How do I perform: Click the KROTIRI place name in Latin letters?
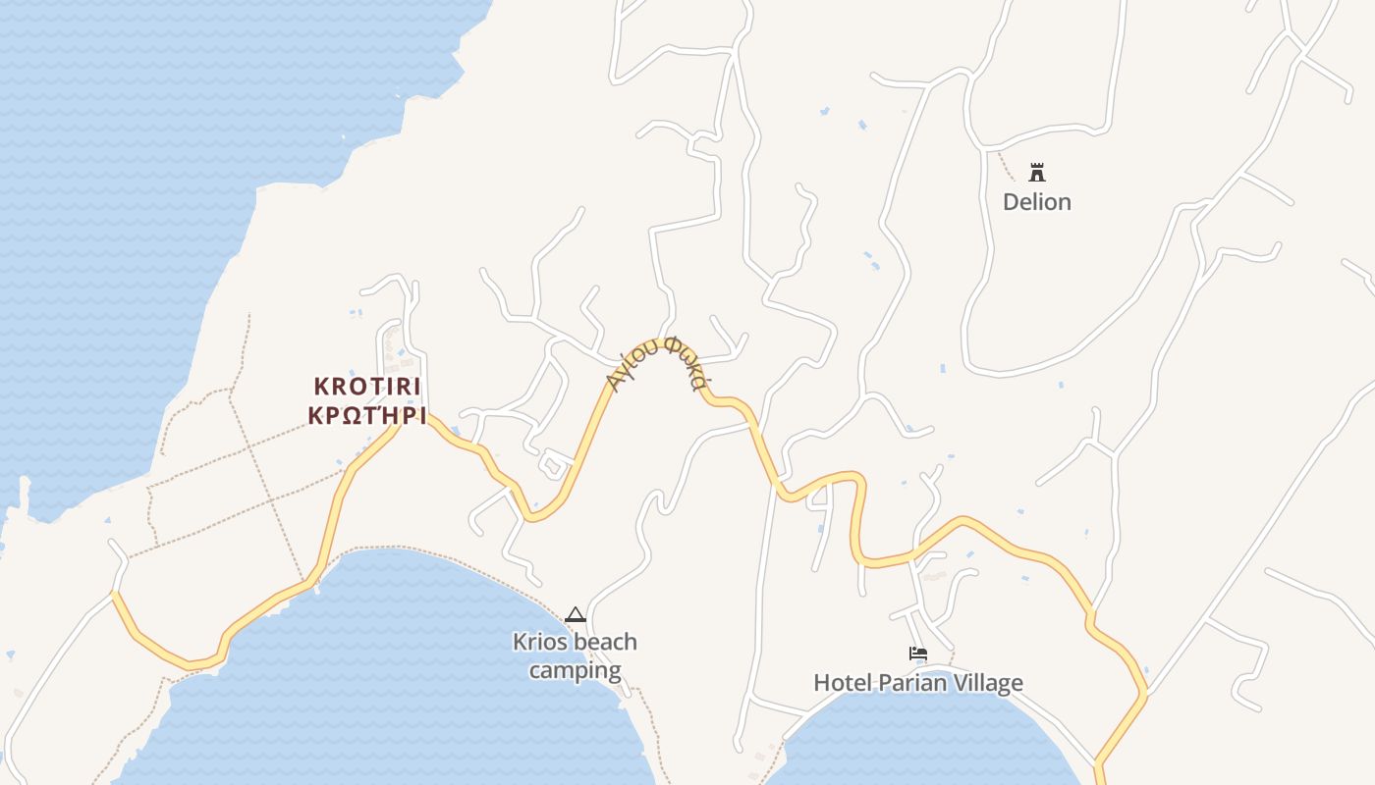click(367, 387)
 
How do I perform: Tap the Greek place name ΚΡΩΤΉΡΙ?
click(367, 415)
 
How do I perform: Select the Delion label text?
click(1036, 202)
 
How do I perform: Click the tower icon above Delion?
click(1036, 174)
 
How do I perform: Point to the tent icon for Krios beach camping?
click(576, 615)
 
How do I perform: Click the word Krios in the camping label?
click(538, 643)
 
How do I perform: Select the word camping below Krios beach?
click(575, 671)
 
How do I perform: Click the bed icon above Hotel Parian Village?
click(918, 654)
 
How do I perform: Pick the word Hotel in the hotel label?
click(841, 683)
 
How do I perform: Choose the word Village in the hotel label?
click(987, 683)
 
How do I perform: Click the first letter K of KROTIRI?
click(321, 387)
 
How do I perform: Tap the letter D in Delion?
click(1011, 202)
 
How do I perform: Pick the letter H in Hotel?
click(822, 683)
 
